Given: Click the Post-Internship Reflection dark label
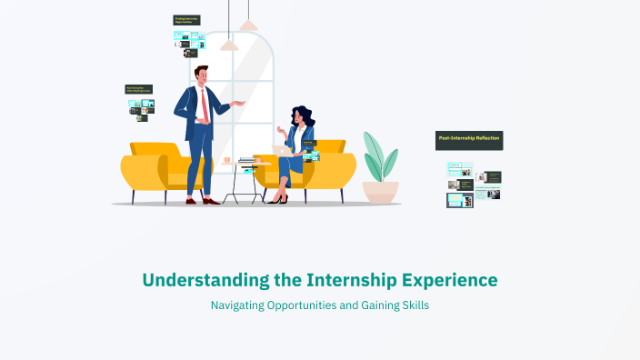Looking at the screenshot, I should [x=468, y=140].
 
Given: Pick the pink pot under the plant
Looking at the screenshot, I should [x=380, y=191].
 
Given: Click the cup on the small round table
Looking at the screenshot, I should [x=226, y=161].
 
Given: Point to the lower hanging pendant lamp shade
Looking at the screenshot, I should [x=229, y=44].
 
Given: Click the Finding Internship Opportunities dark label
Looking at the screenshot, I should [x=186, y=20].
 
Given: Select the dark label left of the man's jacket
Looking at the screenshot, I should [x=138, y=90].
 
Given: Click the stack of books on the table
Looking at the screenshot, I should [x=246, y=162].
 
